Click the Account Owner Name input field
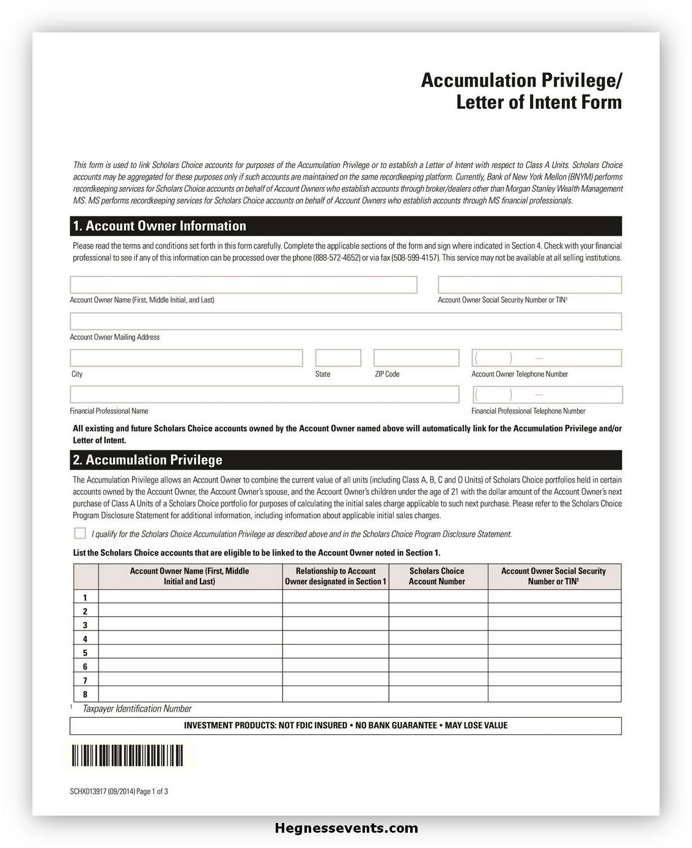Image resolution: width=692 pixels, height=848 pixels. [x=243, y=285]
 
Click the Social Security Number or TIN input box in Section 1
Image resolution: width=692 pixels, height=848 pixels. [x=529, y=285]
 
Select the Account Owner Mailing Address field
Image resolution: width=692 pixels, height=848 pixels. [x=345, y=321]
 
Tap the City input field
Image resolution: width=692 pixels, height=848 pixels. [x=186, y=358]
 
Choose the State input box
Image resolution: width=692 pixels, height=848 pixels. [x=338, y=358]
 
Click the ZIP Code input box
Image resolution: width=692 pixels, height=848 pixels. [x=416, y=358]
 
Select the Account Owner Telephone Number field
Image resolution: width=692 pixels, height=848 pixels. [x=547, y=358]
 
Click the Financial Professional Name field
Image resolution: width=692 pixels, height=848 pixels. [x=264, y=395]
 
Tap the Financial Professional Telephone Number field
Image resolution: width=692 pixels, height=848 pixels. [x=547, y=395]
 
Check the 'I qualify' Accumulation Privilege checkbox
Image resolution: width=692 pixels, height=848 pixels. [x=80, y=533]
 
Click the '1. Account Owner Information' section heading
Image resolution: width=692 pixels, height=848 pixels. [x=160, y=226]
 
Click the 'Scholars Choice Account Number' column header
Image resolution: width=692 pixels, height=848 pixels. [x=437, y=576]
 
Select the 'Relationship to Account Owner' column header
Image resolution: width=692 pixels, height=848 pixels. [x=336, y=576]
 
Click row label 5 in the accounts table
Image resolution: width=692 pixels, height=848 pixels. [x=86, y=653]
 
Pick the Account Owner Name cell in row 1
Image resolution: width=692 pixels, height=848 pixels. [x=190, y=597]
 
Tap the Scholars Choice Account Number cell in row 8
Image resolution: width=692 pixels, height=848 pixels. [x=438, y=695]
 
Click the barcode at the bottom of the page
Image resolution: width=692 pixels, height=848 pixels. [x=128, y=756]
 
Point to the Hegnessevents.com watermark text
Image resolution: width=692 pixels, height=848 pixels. [x=347, y=828]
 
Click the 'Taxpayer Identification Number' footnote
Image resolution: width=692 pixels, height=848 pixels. [x=137, y=709]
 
